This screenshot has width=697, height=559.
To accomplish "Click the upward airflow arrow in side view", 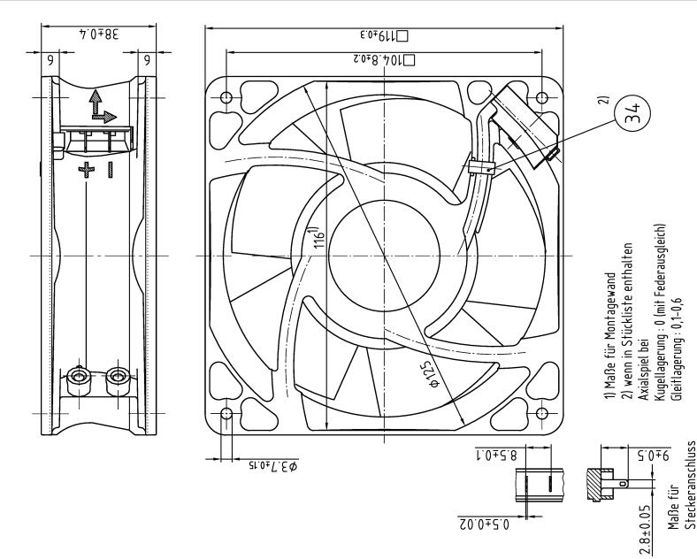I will click(94, 103).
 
